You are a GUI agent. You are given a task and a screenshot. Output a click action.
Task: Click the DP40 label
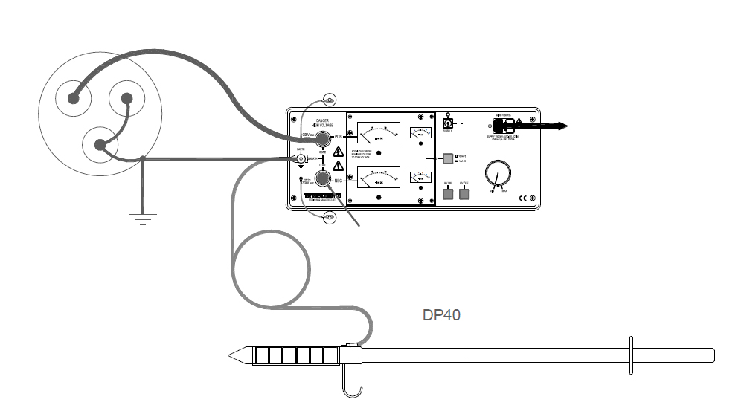[x=441, y=315]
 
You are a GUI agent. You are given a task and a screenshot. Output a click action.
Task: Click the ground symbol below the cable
[x=143, y=218]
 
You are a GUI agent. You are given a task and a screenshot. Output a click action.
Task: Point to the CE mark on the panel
[x=522, y=198]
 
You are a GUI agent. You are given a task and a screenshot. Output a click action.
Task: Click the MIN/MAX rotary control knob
[x=496, y=176]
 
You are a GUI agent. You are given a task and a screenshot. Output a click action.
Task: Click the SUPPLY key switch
[x=448, y=123]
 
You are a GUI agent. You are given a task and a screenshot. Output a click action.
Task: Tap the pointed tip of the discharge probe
[x=232, y=355]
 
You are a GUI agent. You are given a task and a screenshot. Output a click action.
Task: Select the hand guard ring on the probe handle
[x=630, y=355]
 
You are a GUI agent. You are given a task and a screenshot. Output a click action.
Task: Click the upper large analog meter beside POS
[x=378, y=133]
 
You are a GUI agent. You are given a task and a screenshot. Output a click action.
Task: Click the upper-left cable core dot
[x=74, y=98]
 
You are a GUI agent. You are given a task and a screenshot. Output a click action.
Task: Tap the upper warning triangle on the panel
[x=339, y=152]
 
